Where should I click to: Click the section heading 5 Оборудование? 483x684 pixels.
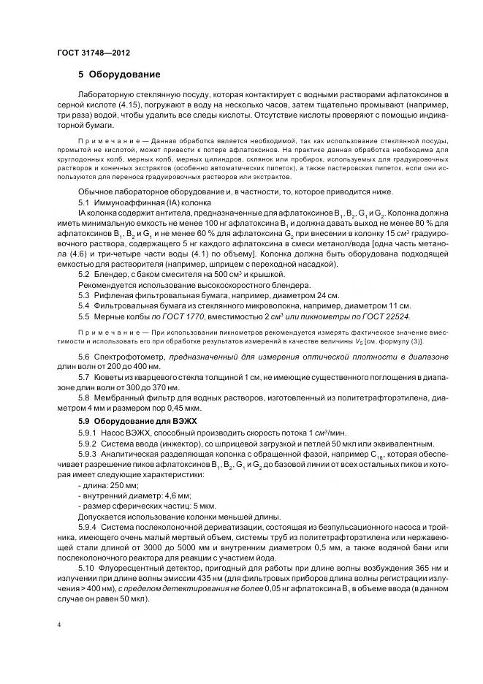tap(118, 75)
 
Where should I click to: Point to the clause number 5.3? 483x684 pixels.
tap(83, 294)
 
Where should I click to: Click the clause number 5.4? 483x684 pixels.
tap(83, 305)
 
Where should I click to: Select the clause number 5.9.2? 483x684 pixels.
tap(86, 445)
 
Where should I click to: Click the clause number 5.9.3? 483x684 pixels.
tap(86, 455)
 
